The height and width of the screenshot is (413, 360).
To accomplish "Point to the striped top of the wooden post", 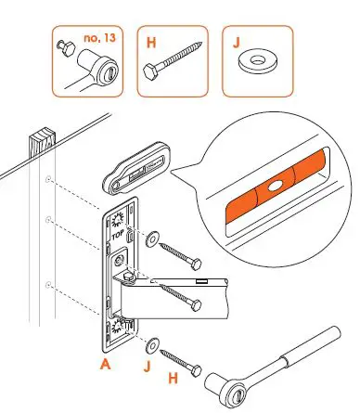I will [41, 144].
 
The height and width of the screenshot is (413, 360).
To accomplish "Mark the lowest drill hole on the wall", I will [47, 283].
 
